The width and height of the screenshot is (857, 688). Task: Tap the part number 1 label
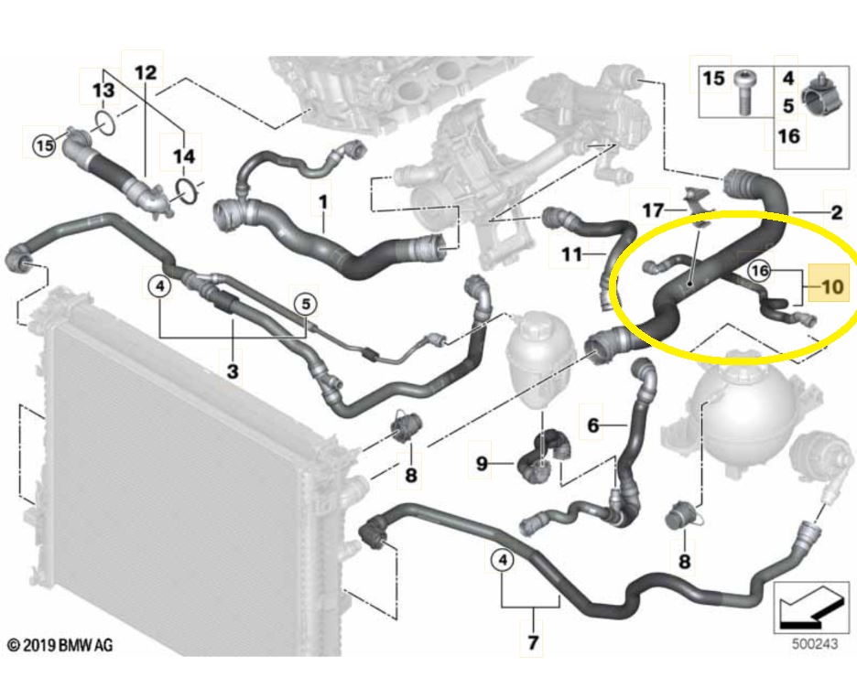pyautogui.click(x=322, y=199)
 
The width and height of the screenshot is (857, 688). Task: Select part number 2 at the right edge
pyautogui.click(x=836, y=214)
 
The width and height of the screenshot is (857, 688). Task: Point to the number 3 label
pyautogui.click(x=233, y=371)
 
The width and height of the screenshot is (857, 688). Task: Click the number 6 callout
pyautogui.click(x=592, y=425)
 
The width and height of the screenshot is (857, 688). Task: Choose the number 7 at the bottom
pyautogui.click(x=532, y=642)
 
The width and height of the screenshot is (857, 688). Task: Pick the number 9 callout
pyautogui.click(x=482, y=465)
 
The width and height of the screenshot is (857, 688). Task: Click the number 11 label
pyautogui.click(x=571, y=254)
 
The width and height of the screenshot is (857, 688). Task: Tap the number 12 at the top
pyautogui.click(x=146, y=71)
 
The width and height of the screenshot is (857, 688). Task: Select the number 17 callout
pyautogui.click(x=652, y=210)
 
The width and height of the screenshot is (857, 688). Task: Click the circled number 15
pyautogui.click(x=43, y=144)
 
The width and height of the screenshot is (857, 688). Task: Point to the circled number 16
pyautogui.click(x=759, y=271)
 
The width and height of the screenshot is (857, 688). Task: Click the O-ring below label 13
pyautogui.click(x=104, y=122)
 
